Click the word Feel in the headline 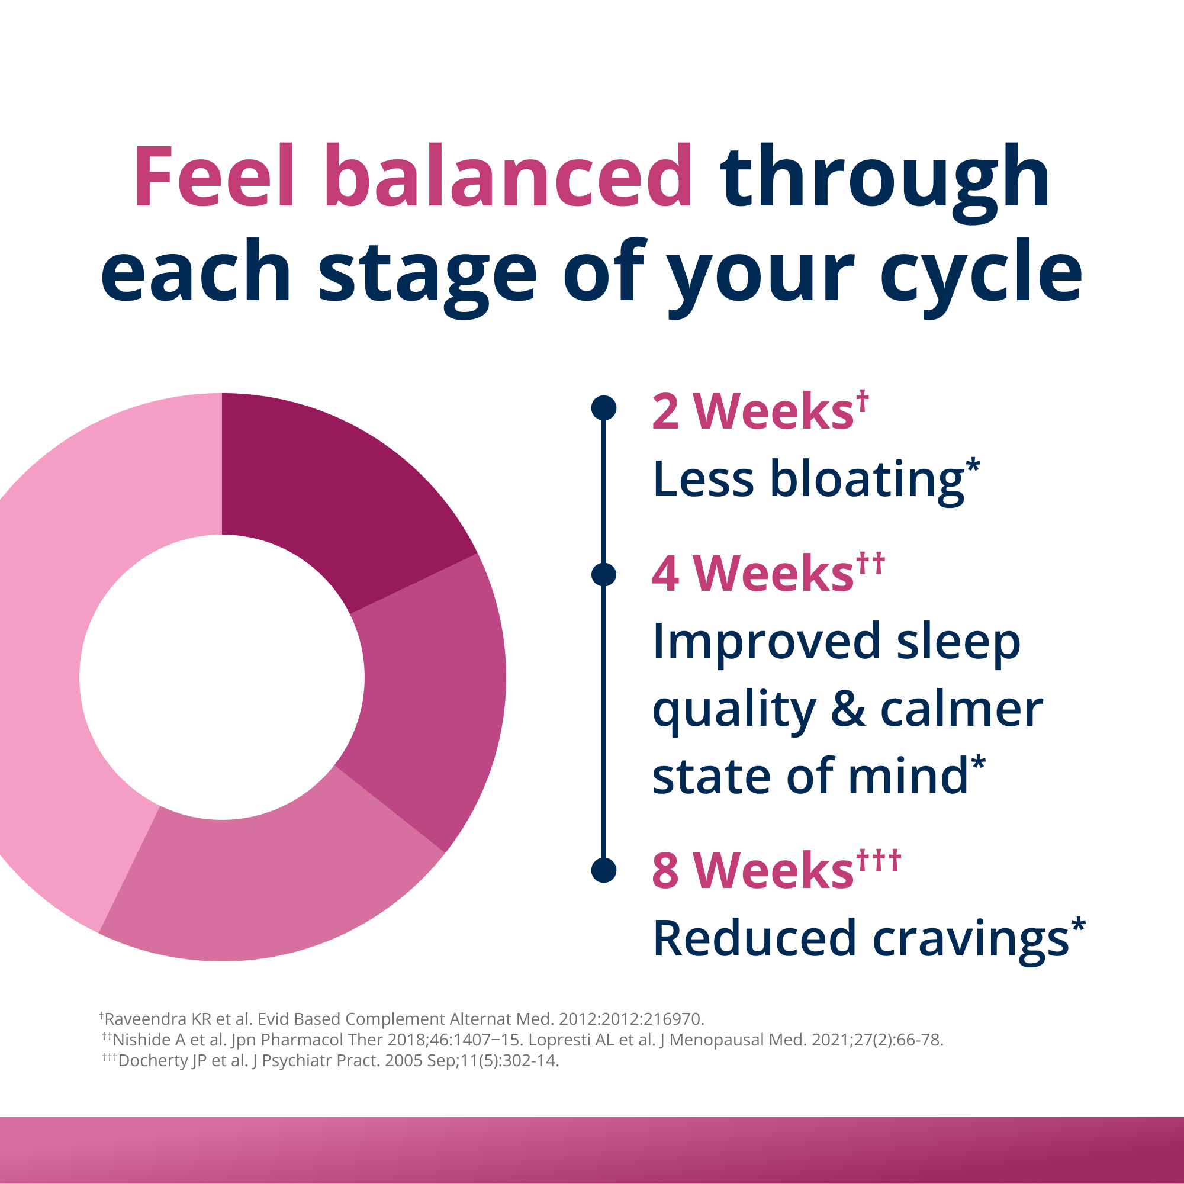click(214, 177)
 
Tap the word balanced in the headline click(508, 177)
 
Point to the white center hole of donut click(222, 677)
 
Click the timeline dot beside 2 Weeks click(604, 407)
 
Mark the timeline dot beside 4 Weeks click(604, 574)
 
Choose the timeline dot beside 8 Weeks click(604, 870)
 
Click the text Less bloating click(809, 478)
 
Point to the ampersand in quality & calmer click(848, 710)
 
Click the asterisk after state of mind click(978, 764)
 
